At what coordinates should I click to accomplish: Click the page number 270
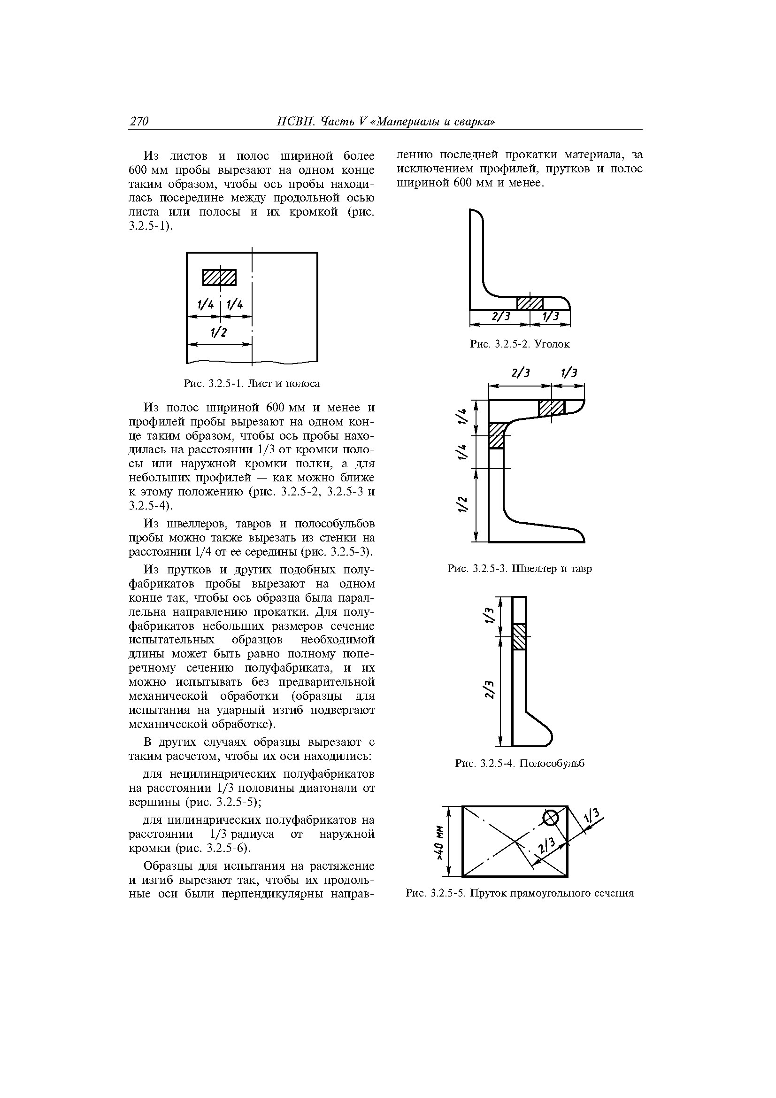(139, 122)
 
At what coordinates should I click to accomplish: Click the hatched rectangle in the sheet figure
(219, 278)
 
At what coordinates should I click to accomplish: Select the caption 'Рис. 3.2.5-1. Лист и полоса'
(252, 384)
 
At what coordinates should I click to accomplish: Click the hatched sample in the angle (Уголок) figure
(530, 303)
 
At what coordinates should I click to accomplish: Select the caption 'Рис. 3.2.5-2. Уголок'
(520, 344)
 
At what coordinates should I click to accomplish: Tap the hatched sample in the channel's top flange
(552, 408)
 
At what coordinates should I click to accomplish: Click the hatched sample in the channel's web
(496, 436)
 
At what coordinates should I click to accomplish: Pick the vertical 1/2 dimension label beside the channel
(462, 505)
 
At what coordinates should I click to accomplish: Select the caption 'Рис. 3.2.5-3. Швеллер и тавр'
(520, 569)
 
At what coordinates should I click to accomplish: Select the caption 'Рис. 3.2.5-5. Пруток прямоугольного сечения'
(520, 893)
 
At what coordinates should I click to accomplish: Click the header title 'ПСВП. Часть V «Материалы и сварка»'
(386, 122)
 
